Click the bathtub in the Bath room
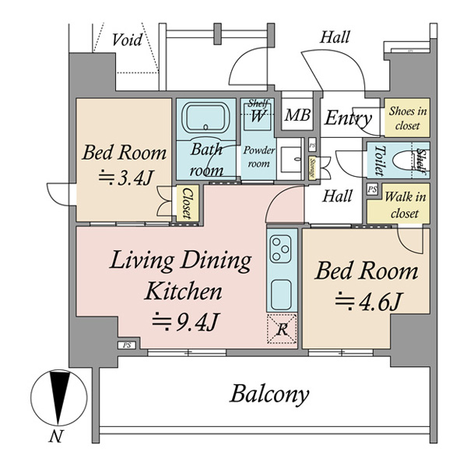coord(205,118)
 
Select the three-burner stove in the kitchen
coord(280,249)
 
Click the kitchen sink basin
coord(280,295)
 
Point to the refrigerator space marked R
coord(282,329)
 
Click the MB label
coord(297,115)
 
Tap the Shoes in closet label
coord(407,118)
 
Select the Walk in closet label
coord(405,205)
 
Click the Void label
coord(127,40)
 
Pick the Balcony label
coord(269,394)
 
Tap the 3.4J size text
coord(126,177)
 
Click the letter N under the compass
coord(56,437)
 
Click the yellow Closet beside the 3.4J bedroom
coord(188,203)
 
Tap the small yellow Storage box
coord(312,168)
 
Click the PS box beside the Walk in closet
coord(372,189)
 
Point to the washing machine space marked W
coord(258,115)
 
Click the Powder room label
coord(258,157)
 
